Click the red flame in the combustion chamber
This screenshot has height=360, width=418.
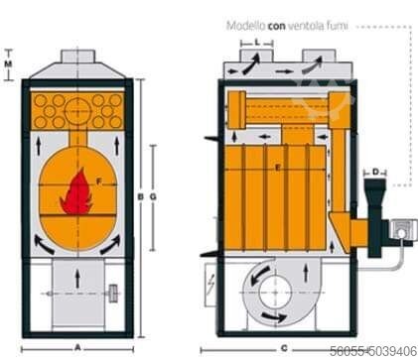(75, 193)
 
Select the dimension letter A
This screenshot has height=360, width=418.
(77, 347)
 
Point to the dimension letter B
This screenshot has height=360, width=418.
(142, 197)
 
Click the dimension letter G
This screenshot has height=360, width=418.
(153, 197)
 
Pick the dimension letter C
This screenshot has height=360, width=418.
(284, 347)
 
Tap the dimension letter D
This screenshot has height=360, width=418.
(377, 172)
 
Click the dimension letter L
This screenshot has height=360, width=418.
(257, 44)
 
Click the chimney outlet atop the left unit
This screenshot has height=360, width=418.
(77, 59)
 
